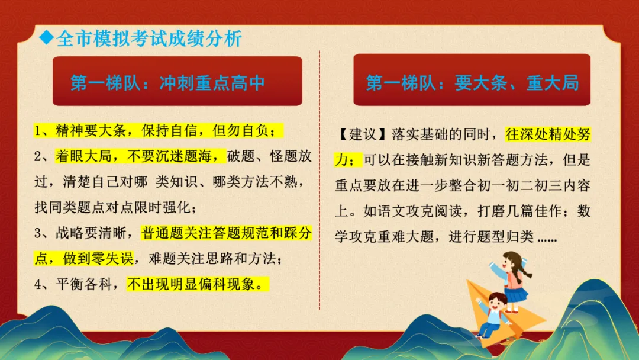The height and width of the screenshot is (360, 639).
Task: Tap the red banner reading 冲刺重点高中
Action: click(x=177, y=82)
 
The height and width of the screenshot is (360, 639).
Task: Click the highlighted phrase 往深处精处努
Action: click(x=547, y=134)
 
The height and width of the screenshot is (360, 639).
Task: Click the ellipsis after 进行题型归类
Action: click(x=546, y=237)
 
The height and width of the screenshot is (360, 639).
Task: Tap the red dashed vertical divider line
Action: click(x=319, y=178)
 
